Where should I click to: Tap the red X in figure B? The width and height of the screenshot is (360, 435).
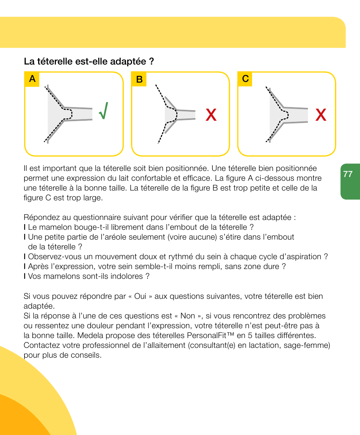click(x=211, y=115)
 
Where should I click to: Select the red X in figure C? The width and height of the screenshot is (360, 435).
click(x=321, y=115)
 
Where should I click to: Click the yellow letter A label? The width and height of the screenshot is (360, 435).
click(x=32, y=79)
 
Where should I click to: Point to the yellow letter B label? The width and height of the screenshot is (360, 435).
click(x=139, y=79)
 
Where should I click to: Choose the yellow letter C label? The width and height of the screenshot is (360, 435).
click(x=245, y=79)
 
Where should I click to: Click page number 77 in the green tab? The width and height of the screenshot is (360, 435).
click(x=348, y=174)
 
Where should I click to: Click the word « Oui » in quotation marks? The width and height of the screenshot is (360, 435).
click(x=140, y=296)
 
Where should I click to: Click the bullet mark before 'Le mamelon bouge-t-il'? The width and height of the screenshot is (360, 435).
click(x=25, y=227)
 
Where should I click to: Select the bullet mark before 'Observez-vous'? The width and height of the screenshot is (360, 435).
click(x=25, y=257)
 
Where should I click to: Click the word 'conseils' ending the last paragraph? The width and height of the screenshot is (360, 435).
click(x=88, y=355)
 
